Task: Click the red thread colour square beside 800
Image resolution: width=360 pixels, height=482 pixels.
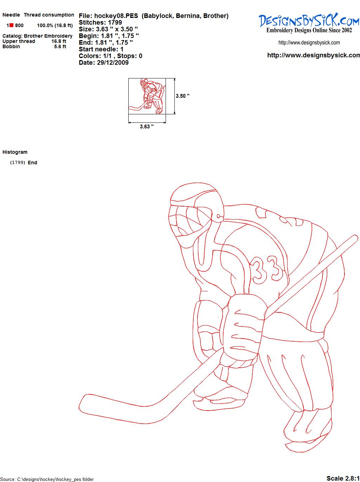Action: point(12,25)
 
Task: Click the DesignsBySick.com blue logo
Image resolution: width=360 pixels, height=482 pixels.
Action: point(309,20)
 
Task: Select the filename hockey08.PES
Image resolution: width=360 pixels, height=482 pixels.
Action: point(116,16)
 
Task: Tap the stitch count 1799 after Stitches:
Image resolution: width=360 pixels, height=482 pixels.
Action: point(115,23)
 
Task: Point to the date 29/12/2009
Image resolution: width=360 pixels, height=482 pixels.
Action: point(113,63)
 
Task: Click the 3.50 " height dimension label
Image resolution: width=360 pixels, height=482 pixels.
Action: point(182,96)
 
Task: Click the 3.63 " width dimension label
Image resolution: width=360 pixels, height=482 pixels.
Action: point(147,127)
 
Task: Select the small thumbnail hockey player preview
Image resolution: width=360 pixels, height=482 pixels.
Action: point(147,96)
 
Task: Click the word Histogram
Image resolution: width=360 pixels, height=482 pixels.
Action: point(15,152)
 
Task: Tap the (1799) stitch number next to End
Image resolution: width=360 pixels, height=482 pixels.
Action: point(18,163)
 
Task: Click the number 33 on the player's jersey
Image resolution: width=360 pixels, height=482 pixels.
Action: point(266,269)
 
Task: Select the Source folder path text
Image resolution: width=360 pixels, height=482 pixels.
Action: point(47,479)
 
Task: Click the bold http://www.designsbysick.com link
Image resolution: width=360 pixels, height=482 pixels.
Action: point(314,55)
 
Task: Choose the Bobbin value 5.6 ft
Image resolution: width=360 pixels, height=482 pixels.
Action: point(60,46)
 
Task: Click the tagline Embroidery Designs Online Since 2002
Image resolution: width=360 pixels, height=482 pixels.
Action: point(309,30)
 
